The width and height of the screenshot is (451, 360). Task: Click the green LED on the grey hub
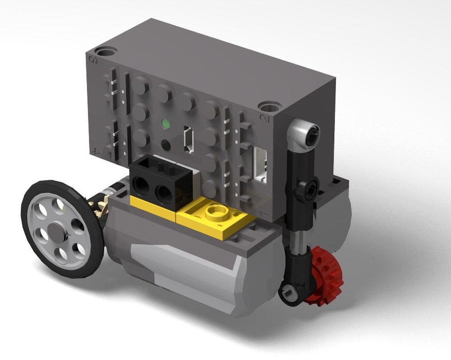[166, 123]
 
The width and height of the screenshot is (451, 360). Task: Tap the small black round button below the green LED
[166, 145]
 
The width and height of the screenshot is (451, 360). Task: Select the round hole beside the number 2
[270, 107]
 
